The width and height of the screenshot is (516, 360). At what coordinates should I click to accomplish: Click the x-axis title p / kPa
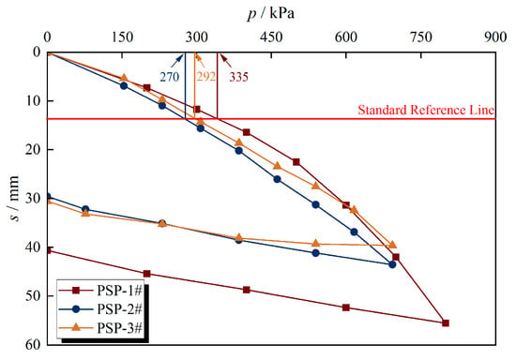270,14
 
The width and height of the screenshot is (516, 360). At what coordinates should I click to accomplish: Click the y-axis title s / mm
13,198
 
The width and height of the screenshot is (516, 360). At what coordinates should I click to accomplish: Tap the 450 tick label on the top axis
271,37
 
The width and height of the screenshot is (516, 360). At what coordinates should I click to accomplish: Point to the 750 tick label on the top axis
421,37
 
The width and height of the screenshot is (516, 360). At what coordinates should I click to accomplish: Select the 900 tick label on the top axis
495,37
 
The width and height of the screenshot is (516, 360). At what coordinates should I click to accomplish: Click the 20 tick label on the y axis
33,150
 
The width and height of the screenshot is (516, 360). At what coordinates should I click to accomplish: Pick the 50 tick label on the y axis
33,296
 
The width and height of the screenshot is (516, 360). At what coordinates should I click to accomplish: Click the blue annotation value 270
170,77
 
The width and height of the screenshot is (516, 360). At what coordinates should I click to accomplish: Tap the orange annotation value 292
206,77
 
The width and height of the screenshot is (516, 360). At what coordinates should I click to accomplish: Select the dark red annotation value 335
238,77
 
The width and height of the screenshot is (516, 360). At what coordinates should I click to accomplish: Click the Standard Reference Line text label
426,110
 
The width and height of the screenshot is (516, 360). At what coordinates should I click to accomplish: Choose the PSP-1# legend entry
100,291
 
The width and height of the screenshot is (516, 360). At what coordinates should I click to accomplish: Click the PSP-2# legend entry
100,309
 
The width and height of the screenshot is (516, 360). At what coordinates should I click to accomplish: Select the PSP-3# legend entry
100,328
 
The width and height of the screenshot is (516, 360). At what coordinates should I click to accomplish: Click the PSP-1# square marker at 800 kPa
446,323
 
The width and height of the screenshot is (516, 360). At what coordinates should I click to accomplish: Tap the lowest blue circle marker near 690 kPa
392,264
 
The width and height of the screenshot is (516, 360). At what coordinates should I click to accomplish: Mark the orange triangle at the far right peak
392,245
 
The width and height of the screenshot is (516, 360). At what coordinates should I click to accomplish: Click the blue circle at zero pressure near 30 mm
48,197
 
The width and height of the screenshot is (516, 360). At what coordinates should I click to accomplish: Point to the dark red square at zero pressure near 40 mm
48,250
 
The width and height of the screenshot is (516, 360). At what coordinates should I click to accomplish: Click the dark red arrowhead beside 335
221,56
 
